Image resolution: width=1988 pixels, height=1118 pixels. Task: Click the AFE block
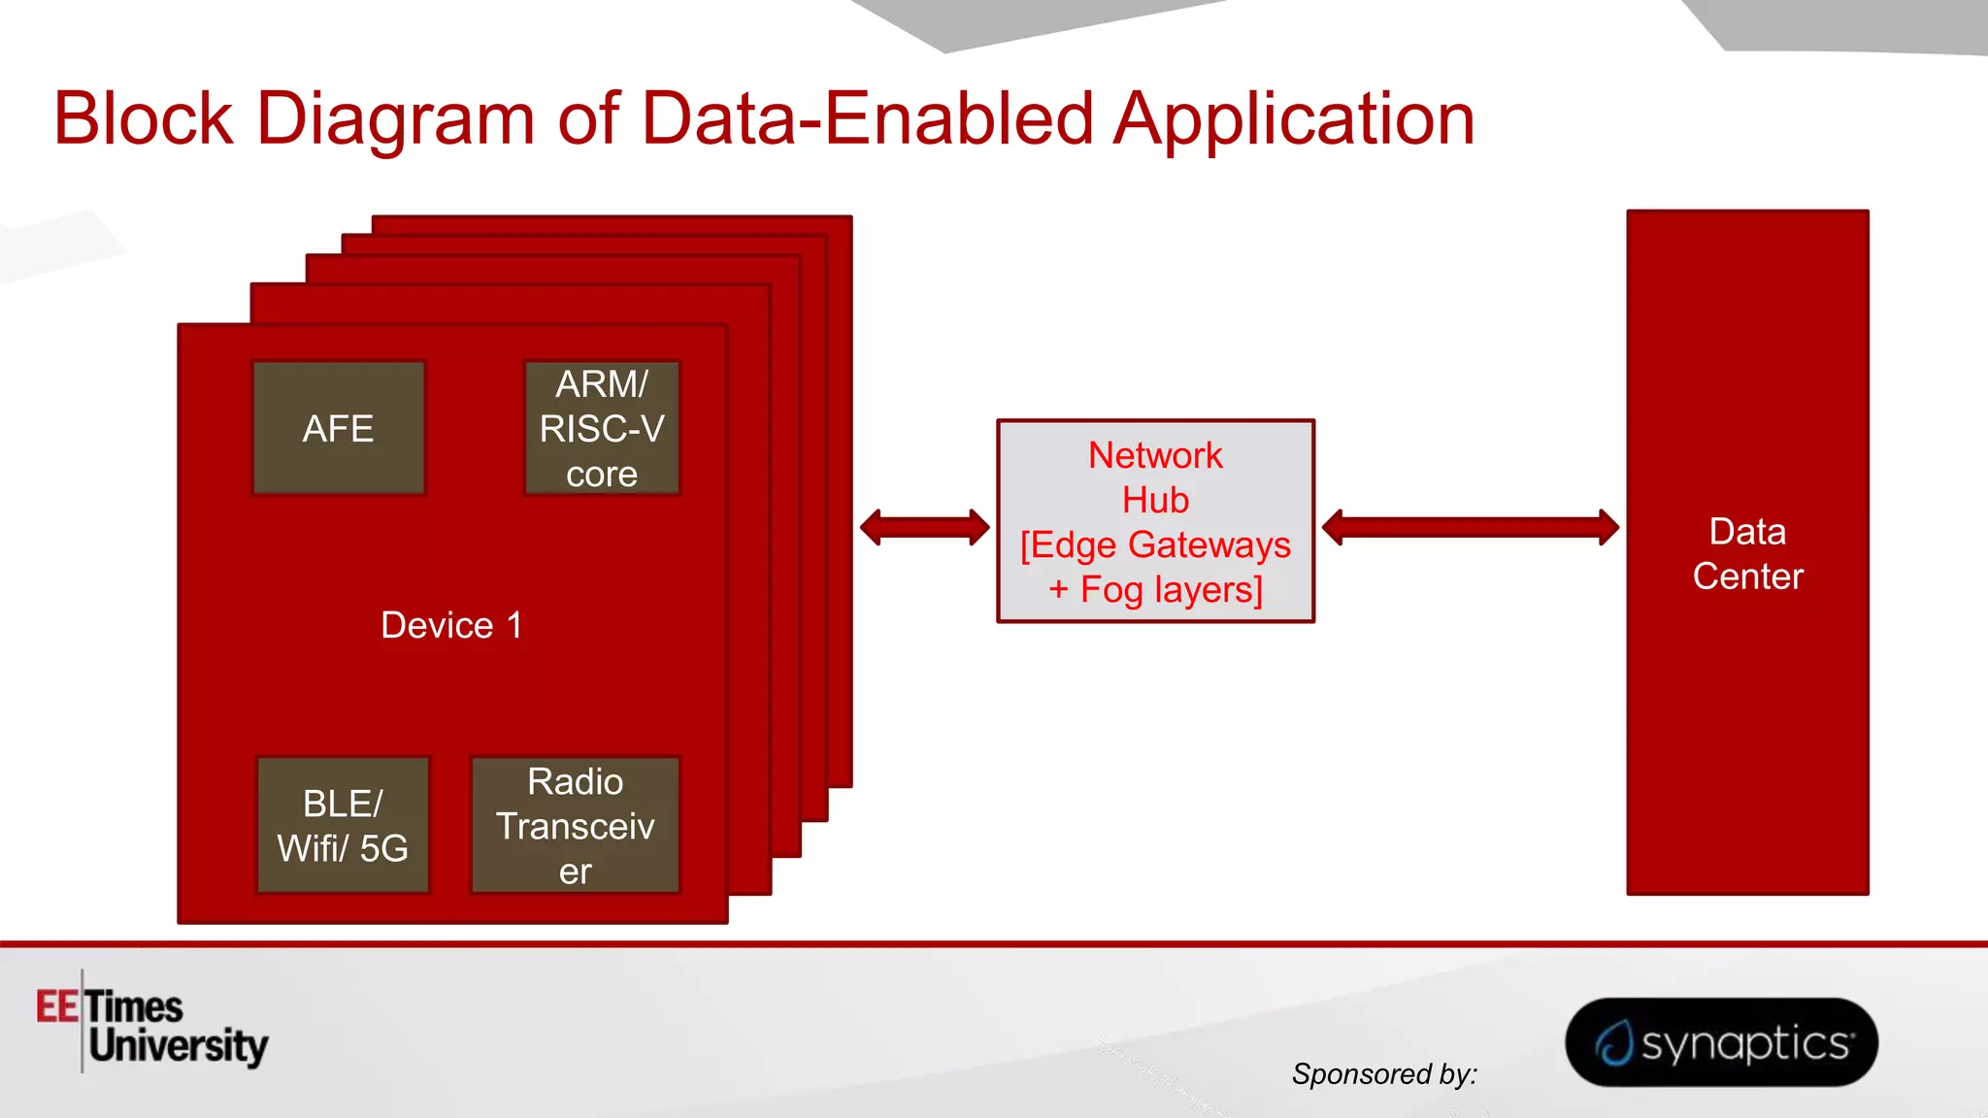[x=338, y=428]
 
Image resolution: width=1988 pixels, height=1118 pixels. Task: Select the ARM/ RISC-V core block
[x=602, y=428]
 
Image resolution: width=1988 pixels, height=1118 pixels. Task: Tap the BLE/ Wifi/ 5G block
[x=343, y=825]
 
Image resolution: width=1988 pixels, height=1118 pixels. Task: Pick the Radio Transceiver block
[x=575, y=825]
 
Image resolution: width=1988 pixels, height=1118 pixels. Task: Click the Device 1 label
[x=451, y=625]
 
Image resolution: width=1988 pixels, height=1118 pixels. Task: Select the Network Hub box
[x=1155, y=521]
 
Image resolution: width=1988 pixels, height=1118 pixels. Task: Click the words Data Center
[x=1747, y=553]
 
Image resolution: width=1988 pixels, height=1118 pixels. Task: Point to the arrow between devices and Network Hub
[x=924, y=527]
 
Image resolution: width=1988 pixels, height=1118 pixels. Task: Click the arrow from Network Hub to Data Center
[x=1470, y=527]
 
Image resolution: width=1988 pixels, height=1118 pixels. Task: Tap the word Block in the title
[x=143, y=118]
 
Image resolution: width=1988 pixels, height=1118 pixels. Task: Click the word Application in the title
[x=1294, y=118]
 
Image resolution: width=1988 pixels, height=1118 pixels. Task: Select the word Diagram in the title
[x=395, y=118]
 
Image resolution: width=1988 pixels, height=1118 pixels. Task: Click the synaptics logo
[x=1721, y=1042]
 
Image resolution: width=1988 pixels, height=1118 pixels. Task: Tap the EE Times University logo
[x=152, y=1025]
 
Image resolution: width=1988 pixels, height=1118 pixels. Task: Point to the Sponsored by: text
[x=1383, y=1073]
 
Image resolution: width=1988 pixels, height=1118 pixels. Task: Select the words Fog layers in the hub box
[x=1171, y=589]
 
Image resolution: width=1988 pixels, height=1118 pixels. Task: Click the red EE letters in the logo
[x=57, y=1006]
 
